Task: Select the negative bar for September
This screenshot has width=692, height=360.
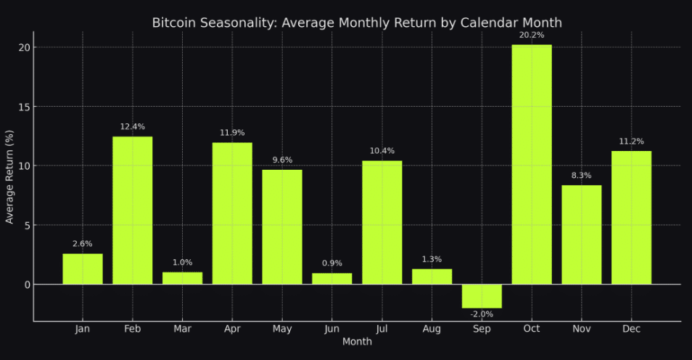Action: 482,296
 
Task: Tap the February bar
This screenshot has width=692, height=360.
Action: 133,210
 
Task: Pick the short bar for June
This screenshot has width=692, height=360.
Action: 332,279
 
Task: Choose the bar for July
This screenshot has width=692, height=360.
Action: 382,222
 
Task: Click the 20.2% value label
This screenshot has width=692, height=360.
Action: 532,35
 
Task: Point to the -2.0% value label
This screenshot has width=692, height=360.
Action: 482,314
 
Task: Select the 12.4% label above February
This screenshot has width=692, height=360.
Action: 133,127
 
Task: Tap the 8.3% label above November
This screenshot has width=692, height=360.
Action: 582,176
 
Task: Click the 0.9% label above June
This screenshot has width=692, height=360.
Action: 332,263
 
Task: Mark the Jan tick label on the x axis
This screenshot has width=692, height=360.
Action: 83,330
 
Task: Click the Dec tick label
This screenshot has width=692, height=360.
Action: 631,330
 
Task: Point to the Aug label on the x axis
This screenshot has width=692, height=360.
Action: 432,330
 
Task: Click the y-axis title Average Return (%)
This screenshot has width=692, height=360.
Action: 10,176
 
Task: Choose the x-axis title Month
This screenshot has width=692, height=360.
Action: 357,342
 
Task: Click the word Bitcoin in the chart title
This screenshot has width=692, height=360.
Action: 173,23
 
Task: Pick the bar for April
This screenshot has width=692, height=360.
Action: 232,213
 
